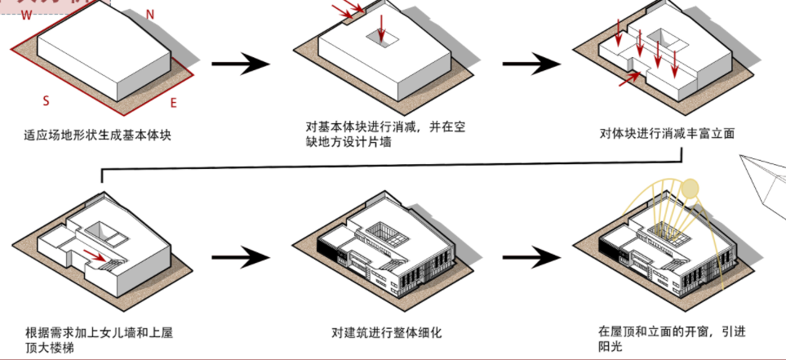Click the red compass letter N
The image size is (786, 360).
pyautogui.click(x=150, y=14)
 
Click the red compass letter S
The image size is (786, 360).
pyautogui.click(x=47, y=100)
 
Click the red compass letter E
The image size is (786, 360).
pyautogui.click(x=173, y=103)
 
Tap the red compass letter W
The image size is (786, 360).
pyautogui.click(x=27, y=15)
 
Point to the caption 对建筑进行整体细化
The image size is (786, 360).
pyautogui.click(x=386, y=332)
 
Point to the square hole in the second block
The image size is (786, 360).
pyautogui.click(x=383, y=38)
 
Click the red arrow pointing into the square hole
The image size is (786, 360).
pyautogui.click(x=381, y=26)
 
